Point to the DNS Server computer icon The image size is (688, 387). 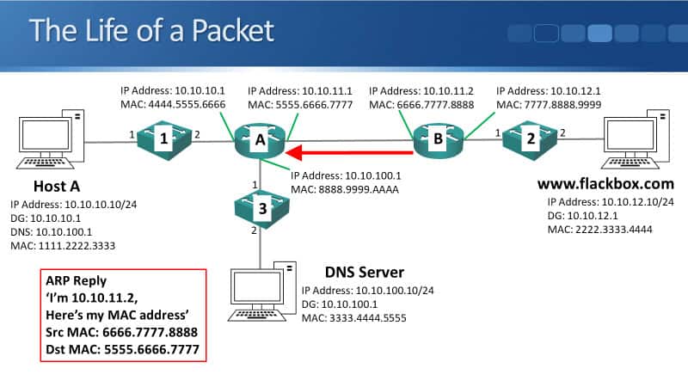(262, 297)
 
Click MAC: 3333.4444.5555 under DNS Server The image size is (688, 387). (353, 319)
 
